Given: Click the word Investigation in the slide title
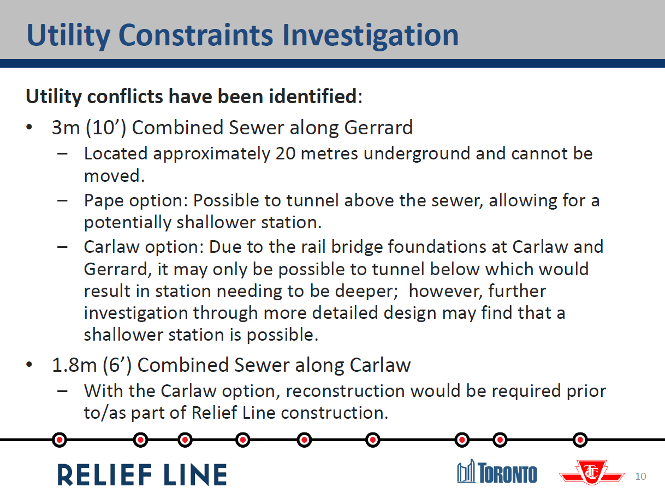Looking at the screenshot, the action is click(x=370, y=35).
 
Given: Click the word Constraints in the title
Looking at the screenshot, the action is click(x=195, y=35).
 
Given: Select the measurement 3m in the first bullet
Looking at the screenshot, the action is click(x=66, y=128).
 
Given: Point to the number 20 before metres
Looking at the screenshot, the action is click(x=286, y=153).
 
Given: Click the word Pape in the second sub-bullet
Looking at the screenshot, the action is click(x=104, y=201).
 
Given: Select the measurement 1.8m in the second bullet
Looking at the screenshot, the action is click(x=74, y=365).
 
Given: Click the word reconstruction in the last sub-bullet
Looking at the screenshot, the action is click(x=345, y=391).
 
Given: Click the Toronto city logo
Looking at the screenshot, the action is click(x=497, y=472).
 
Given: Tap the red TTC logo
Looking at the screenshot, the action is click(x=592, y=472).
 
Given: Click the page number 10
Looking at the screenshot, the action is click(x=640, y=477).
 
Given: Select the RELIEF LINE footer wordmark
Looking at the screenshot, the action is click(x=142, y=475).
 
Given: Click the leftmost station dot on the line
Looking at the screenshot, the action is click(x=60, y=439).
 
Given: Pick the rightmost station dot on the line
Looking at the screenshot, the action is click(x=580, y=439).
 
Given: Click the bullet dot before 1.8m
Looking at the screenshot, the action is click(x=29, y=364).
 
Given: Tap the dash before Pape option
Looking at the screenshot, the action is click(x=62, y=200).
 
